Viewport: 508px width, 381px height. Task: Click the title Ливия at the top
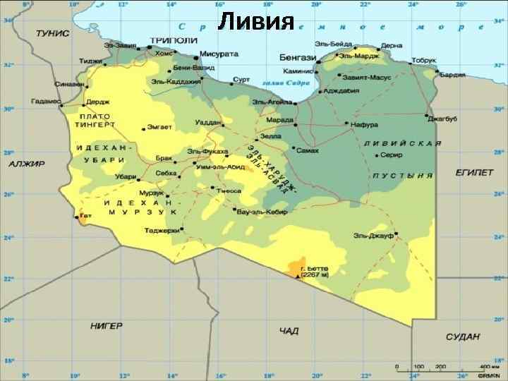pos(255,21)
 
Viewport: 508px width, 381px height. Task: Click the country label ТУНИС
pos(53,33)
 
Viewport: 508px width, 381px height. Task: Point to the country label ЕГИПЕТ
pos(473,173)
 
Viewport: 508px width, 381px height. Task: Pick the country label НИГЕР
pos(106,325)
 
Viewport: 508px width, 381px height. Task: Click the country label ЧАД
pos(289,330)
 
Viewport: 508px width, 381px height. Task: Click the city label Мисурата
pos(219,54)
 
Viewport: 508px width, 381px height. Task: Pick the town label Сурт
pos(241,80)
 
